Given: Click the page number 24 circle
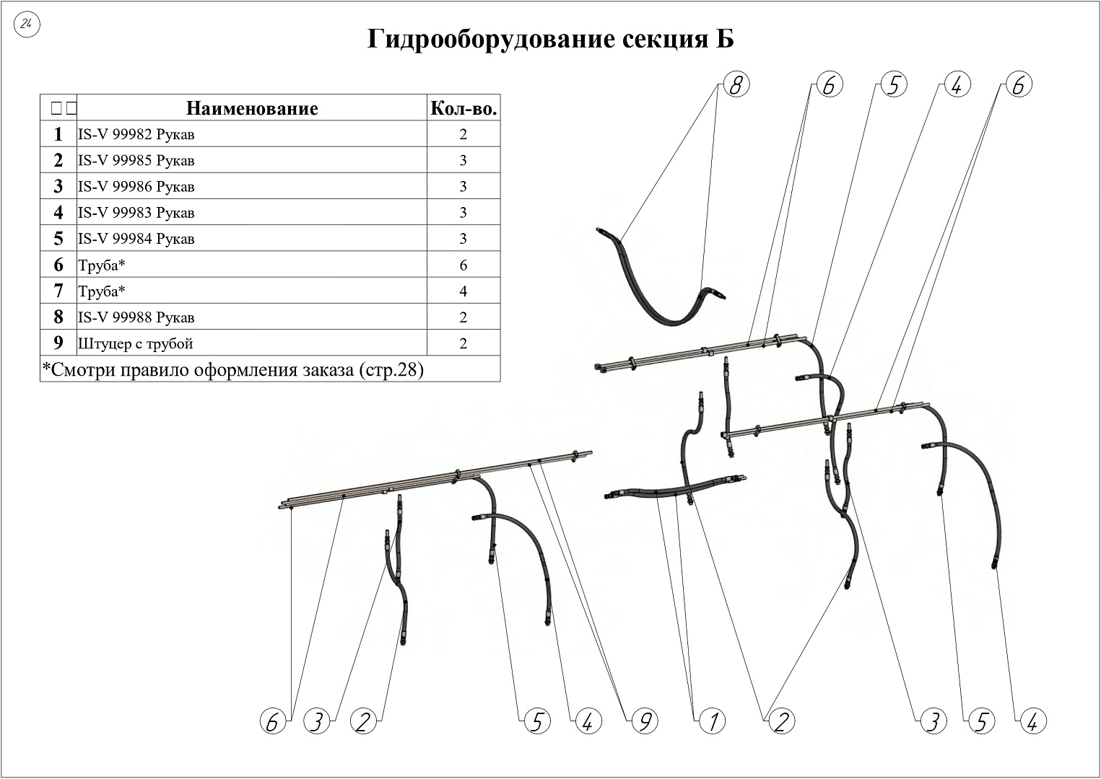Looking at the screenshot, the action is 27,24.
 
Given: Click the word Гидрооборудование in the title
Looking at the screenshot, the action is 490,39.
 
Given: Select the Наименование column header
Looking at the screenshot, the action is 252,108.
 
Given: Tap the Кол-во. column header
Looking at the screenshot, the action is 464,108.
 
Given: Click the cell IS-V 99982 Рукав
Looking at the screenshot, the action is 136,134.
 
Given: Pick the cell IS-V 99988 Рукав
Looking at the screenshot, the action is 136,317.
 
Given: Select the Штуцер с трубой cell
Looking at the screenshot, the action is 135,343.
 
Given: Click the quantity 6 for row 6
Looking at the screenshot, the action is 463,265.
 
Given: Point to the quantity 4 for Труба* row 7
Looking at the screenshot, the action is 463,291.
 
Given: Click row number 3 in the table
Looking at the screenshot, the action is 58,186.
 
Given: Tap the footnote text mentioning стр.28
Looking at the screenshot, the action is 232,369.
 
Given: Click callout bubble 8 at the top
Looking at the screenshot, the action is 736,84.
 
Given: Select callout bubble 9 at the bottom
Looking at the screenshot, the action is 645,721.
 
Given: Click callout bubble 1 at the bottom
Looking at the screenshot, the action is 712,721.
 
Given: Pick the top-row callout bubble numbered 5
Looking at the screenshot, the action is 894,84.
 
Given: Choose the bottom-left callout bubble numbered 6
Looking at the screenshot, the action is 273,721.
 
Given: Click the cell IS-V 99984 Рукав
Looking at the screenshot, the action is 136,239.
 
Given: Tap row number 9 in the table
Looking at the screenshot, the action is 58,343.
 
